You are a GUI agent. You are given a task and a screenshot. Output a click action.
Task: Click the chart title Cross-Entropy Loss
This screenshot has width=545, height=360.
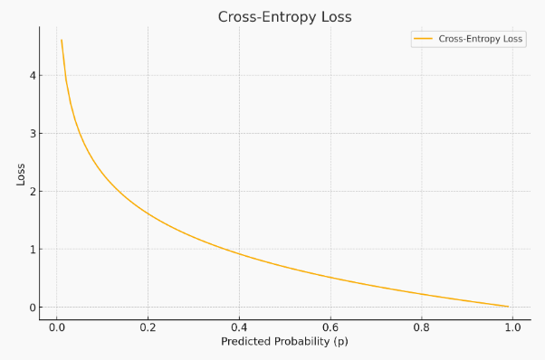284,17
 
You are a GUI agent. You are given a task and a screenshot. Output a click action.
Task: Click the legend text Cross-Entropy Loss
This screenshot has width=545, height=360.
481,40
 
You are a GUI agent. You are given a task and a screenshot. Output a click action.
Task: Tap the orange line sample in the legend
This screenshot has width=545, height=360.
424,40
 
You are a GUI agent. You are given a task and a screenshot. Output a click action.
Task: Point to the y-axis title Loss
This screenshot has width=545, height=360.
21,173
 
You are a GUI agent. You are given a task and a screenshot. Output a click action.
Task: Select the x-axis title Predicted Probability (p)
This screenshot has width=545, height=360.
284,342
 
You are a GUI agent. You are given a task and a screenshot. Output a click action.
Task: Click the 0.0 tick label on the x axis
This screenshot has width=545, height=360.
56,327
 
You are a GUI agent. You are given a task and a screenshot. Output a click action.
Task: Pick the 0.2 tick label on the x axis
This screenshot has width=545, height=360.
148,327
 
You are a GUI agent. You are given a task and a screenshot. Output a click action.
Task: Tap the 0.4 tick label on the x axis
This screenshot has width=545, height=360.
239,327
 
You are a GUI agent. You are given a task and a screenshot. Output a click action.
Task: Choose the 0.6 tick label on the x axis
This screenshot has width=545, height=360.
330,327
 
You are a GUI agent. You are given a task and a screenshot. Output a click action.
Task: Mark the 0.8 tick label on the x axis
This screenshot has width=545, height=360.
422,327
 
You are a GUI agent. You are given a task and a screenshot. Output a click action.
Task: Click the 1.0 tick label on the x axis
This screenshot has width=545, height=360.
512,327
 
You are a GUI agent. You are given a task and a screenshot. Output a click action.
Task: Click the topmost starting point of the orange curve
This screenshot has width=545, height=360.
62,40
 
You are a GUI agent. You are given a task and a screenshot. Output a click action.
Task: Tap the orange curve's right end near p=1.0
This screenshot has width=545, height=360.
508,307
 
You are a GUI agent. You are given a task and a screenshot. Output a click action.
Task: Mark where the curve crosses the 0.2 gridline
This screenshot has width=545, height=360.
148,214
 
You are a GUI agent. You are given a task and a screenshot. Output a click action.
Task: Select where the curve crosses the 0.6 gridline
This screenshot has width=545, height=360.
330,278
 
